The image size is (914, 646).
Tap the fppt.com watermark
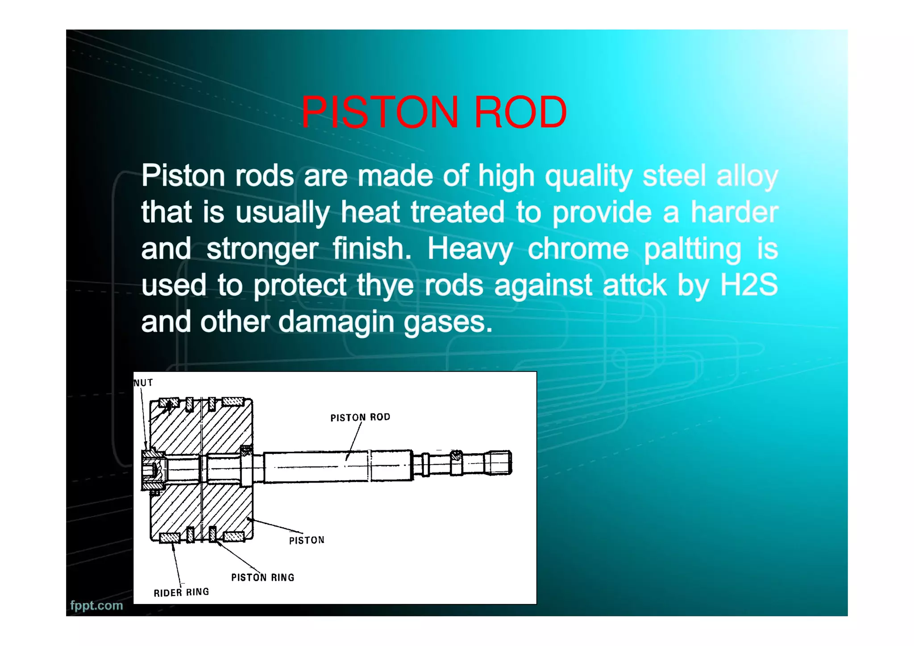[96, 605]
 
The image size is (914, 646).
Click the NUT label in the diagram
[143, 383]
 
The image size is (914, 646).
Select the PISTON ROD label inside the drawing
[360, 417]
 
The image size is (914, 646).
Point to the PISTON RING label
[262, 577]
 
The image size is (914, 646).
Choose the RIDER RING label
[181, 592]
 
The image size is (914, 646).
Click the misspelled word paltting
[693, 249]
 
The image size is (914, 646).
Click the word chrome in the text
[578, 249]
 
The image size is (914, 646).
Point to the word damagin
[337, 322]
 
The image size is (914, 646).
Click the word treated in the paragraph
[457, 212]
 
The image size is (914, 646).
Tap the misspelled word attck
[635, 286]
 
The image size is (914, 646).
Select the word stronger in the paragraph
[262, 249]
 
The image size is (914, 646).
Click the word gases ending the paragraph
[448, 322]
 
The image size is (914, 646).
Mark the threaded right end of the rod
[498, 463]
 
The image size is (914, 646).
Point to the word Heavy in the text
[470, 249]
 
